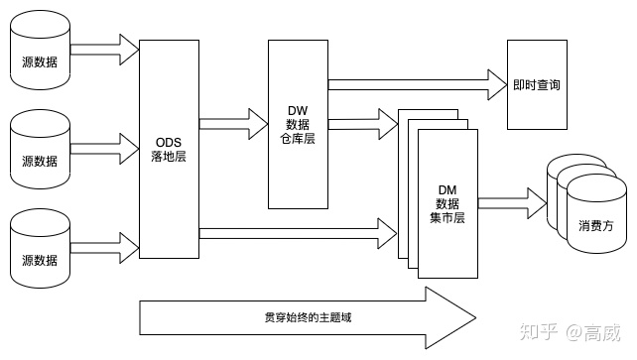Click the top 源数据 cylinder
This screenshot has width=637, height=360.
coord(40,54)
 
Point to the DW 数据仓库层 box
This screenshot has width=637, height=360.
coord(298,125)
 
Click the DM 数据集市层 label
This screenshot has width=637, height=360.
coord(446,202)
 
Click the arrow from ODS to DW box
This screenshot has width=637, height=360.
coord(234,123)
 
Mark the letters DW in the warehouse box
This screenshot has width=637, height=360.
coord(298,109)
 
